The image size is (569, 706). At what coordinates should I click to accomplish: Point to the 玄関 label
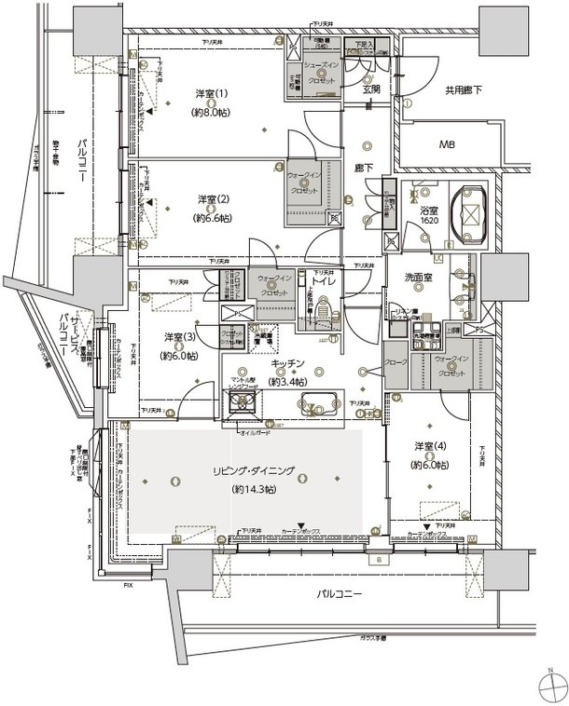(371, 89)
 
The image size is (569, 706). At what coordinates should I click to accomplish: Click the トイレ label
(323, 278)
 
